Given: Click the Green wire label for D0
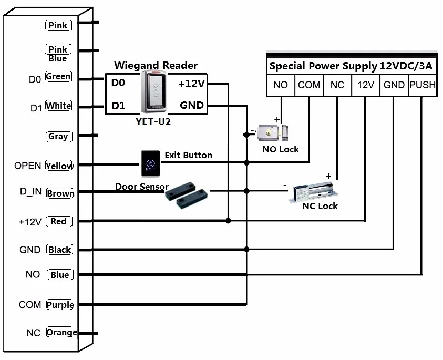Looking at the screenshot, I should pyautogui.click(x=58, y=77).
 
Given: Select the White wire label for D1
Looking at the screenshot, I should pyautogui.click(x=58, y=106).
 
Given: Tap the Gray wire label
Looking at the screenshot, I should pyautogui.click(x=58, y=137).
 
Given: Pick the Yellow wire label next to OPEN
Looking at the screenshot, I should pyautogui.click(x=59, y=166).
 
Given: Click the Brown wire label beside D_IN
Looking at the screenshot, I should pyautogui.click(x=60, y=193).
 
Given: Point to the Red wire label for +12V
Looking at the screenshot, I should pyautogui.click(x=58, y=221).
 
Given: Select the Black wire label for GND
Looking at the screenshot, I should pyautogui.click(x=59, y=250).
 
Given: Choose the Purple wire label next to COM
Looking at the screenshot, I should pyautogui.click(x=60, y=305).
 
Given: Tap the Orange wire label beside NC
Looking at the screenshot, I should pyautogui.click(x=61, y=333).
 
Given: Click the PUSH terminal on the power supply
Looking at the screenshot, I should pyautogui.click(x=423, y=85).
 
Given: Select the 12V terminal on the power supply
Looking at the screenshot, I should pyautogui.click(x=365, y=85).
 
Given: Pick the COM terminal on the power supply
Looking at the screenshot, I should pyautogui.click(x=309, y=85).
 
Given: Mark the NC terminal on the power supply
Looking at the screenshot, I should pyautogui.click(x=337, y=85).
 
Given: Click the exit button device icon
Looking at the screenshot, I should pyautogui.click(x=148, y=163).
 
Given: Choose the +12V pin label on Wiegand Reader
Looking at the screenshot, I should pyautogui.click(x=191, y=84).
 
